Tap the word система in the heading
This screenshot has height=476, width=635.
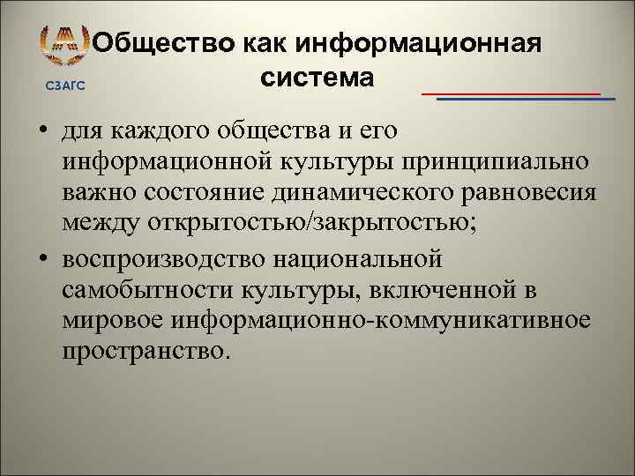pos(317,77)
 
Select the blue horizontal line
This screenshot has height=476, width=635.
pos(527,99)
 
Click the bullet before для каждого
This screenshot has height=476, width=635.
pos(41,134)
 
